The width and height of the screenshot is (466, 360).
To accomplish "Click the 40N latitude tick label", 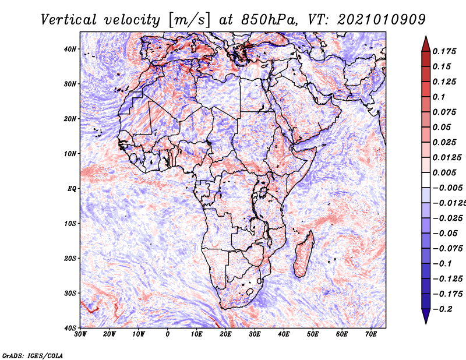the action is coord(70,49).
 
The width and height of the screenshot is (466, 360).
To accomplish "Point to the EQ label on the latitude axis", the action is coord(72,189).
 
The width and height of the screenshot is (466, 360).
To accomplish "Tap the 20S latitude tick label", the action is coord(70,258).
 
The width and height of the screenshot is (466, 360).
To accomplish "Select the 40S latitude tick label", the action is coord(70,328).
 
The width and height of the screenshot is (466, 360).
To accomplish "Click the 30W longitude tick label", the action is coord(80,334).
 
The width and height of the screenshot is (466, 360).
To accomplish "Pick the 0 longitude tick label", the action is coord(168,334).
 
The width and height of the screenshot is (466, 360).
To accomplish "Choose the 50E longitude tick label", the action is coord(313,334).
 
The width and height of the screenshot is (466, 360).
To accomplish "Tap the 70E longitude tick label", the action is coord(371,334).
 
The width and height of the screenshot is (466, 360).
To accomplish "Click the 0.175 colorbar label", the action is coord(444,51).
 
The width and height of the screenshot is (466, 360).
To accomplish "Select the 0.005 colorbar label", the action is coord(444,172).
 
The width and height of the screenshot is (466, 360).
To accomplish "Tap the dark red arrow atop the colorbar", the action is coord(426,44).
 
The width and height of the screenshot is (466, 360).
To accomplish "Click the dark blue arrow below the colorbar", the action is coord(426,316).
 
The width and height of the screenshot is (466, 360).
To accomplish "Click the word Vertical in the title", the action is coord(69,20).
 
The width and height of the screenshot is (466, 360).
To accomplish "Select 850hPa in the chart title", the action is coord(269,20).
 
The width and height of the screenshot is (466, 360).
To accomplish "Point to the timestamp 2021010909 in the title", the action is coord(382,20).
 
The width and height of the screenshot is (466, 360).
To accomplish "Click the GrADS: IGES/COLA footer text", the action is coord(33,355).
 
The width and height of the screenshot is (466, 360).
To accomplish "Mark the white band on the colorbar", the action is coord(426,180).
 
